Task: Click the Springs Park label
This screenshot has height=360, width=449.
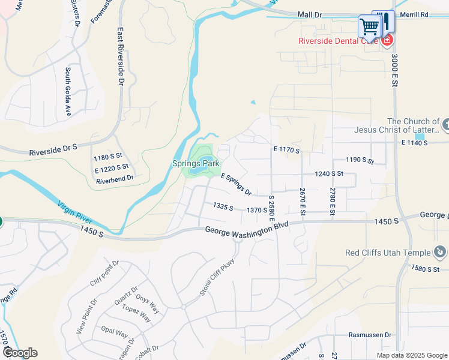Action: coord(195,163)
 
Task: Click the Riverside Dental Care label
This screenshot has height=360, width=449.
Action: coord(339,41)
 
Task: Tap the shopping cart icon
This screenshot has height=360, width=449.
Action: coord(370,26)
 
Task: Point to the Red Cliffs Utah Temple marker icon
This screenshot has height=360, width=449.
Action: coord(441,253)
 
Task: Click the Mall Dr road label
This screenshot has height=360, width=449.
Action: coord(310,14)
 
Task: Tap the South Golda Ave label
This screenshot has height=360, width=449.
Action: coord(68,91)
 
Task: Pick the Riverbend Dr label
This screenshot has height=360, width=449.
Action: coord(115,179)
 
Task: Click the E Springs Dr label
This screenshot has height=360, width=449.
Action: coord(236,184)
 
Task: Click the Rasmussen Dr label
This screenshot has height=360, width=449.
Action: coord(370,335)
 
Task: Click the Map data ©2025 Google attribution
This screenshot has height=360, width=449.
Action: coord(411,355)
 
